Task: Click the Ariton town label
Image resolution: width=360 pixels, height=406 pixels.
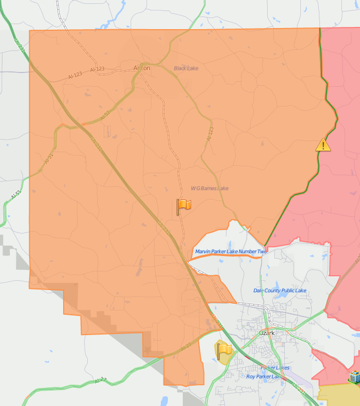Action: click(x=142, y=68)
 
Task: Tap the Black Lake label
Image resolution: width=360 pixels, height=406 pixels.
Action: click(x=186, y=68)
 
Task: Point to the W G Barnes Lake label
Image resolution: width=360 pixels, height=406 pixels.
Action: click(x=210, y=188)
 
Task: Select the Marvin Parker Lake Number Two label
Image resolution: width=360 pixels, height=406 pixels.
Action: click(x=230, y=252)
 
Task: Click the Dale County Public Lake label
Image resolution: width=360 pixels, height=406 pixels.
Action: click(x=280, y=290)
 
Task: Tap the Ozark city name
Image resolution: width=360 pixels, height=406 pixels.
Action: click(x=267, y=333)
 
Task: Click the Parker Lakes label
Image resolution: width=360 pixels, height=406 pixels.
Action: click(x=275, y=368)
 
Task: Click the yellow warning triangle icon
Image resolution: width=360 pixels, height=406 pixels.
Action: click(x=323, y=145)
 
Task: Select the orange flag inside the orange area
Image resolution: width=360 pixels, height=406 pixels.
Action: click(x=184, y=206)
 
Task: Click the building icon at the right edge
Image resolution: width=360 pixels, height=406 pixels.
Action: click(x=355, y=377)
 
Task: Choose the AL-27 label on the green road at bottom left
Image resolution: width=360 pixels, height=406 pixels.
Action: click(x=100, y=380)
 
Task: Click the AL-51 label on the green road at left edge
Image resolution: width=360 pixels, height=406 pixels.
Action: click(x=15, y=196)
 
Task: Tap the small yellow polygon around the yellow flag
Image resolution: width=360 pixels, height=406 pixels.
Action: click(x=227, y=359)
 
